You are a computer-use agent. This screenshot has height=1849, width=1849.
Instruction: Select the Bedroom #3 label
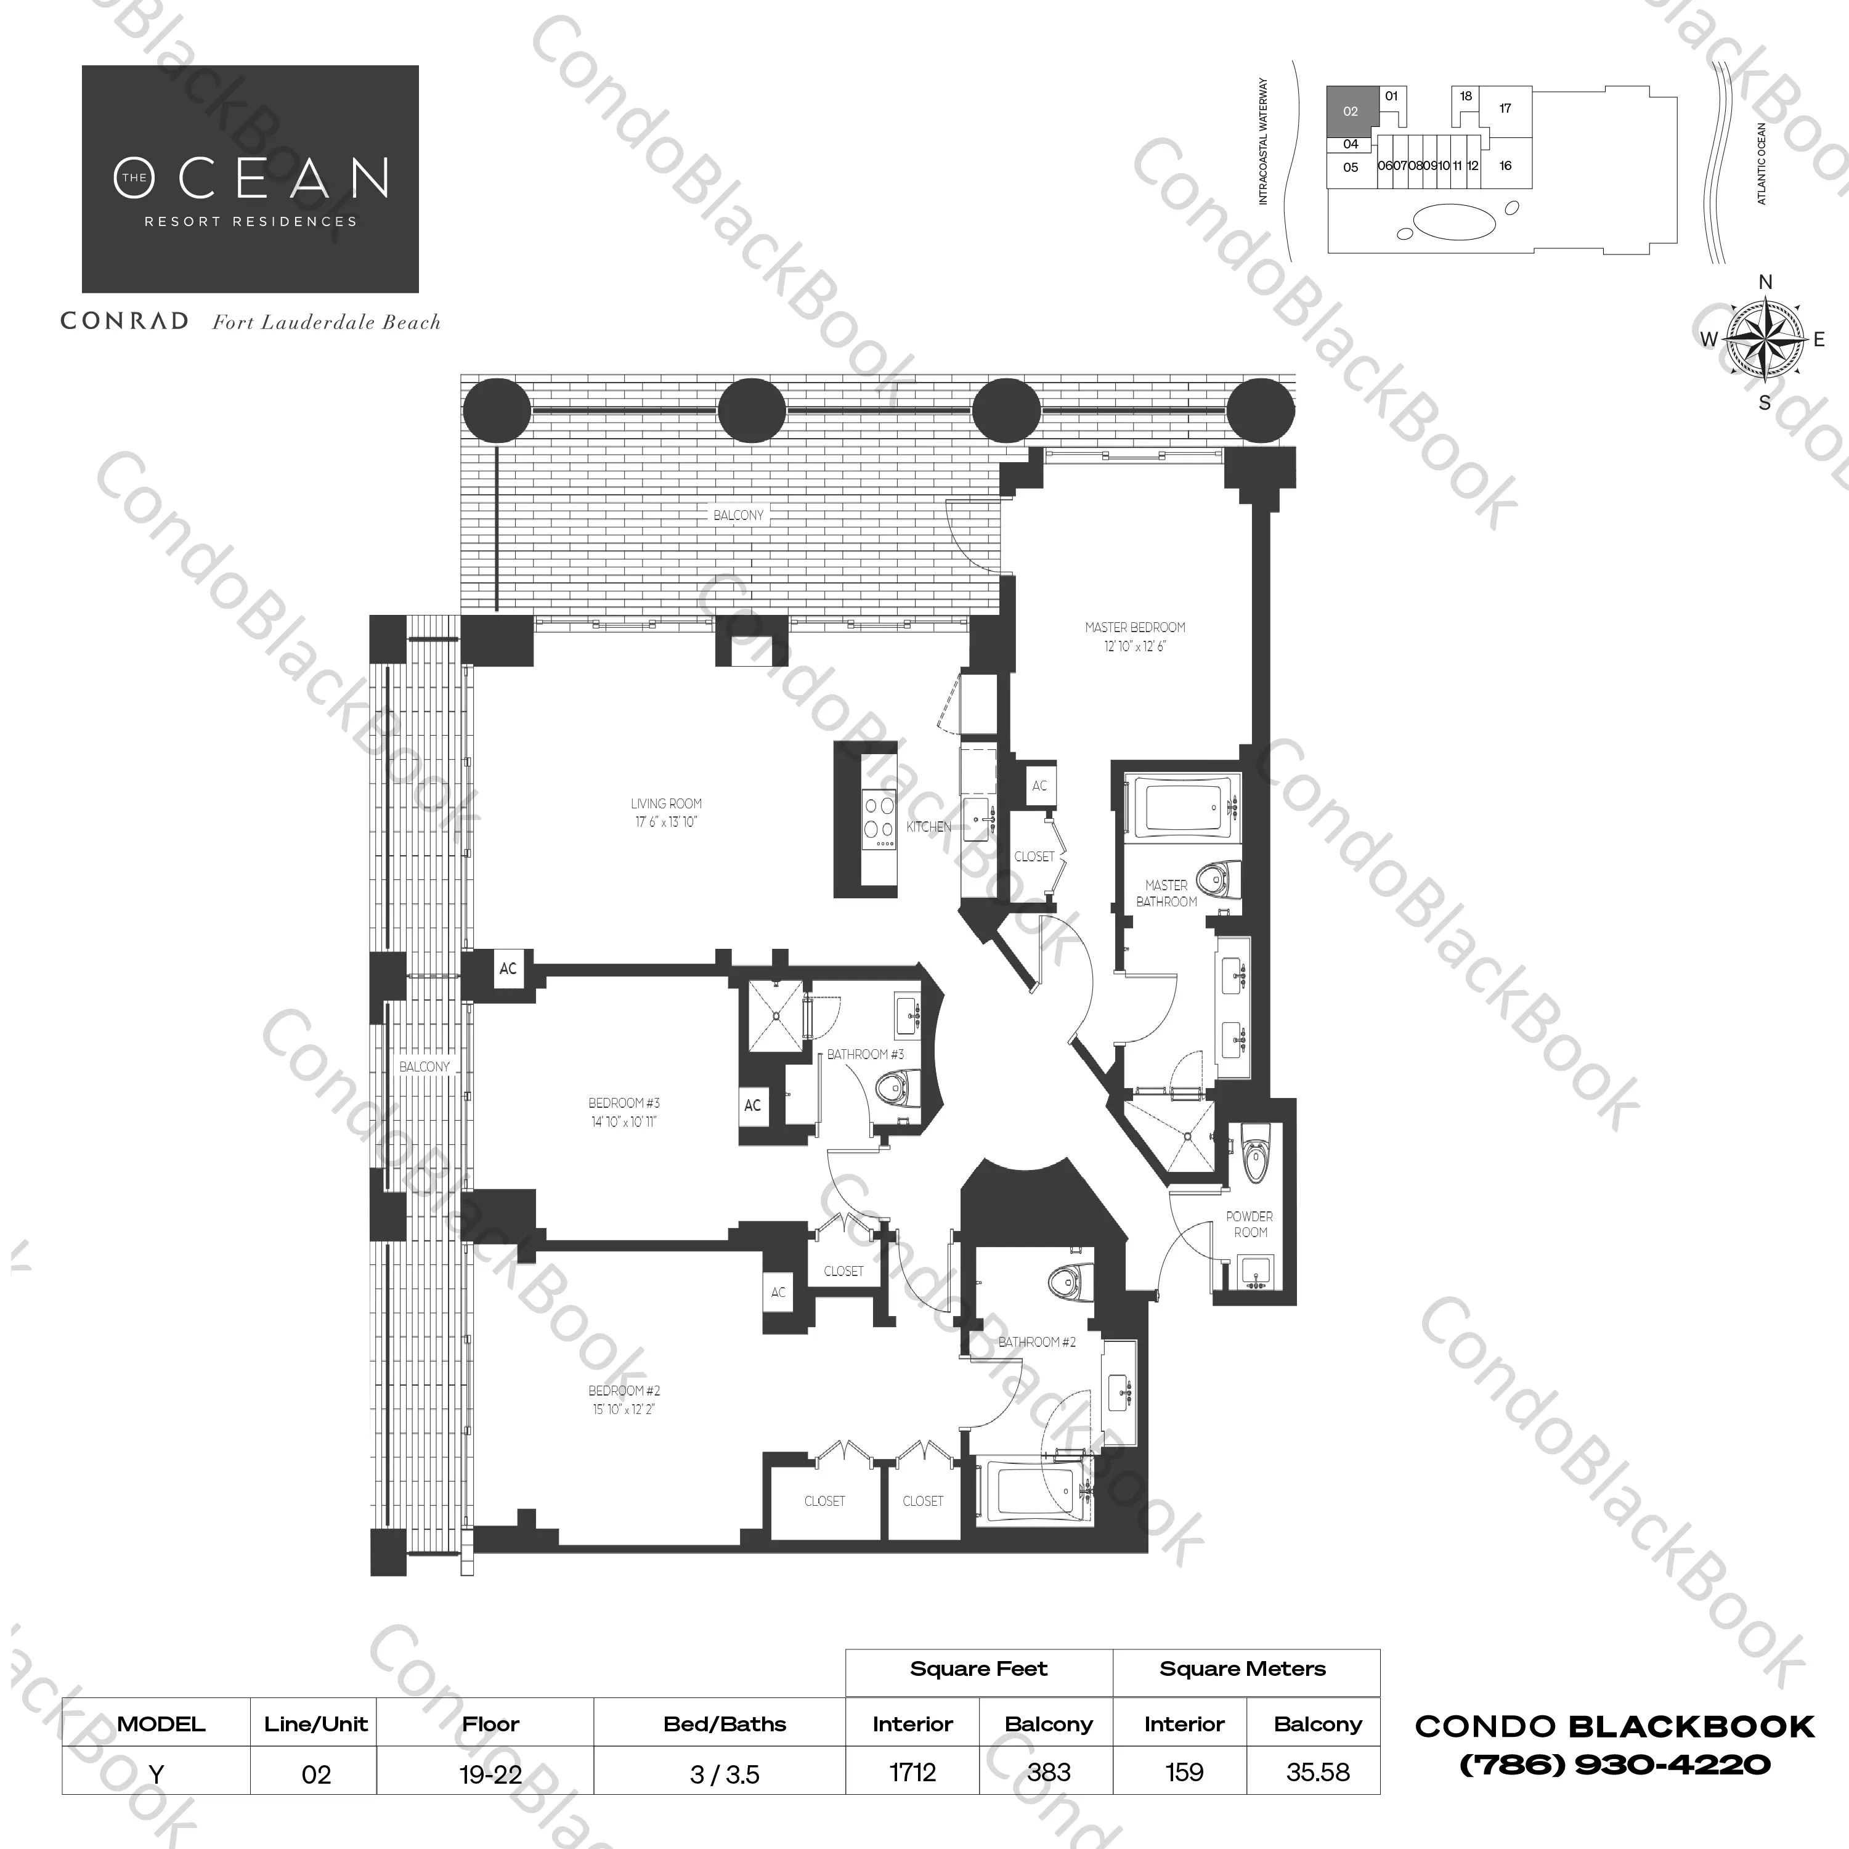click(x=624, y=1112)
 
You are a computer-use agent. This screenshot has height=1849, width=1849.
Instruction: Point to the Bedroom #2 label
click(x=624, y=1399)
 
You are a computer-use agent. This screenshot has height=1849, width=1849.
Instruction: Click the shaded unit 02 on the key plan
click(x=1351, y=111)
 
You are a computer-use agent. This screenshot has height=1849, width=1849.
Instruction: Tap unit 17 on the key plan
click(x=1505, y=108)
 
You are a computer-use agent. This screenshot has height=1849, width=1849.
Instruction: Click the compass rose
click(x=1764, y=339)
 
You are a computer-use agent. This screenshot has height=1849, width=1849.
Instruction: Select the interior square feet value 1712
click(x=912, y=1773)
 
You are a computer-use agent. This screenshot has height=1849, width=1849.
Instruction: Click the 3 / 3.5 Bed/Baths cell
click(x=725, y=1774)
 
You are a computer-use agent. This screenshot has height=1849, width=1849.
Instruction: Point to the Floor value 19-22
click(x=490, y=1774)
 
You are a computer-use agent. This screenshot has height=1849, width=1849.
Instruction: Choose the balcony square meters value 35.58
click(x=1318, y=1773)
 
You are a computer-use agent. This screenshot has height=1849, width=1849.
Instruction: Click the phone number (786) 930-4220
click(x=1614, y=1765)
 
